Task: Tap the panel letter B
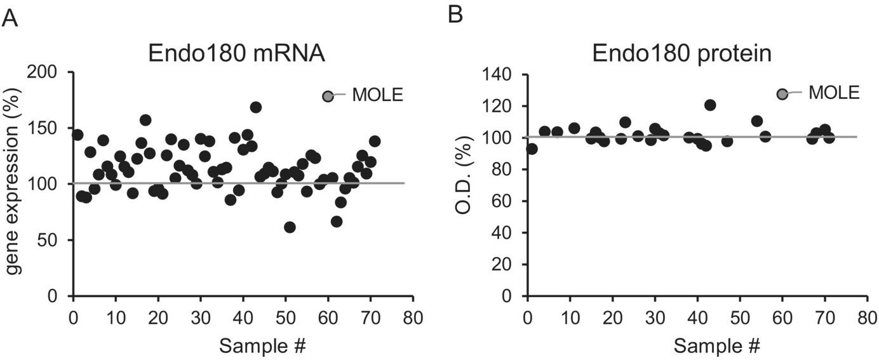pos(455,15)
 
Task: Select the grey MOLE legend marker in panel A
pos(328,96)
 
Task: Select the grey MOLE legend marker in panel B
pos(782,93)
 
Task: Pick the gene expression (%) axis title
pos(14,184)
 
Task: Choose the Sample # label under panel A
pos(263,346)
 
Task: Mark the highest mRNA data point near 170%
pos(256,107)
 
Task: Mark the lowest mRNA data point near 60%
pos(290,227)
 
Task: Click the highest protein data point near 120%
pos(710,105)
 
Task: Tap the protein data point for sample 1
pos(532,149)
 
